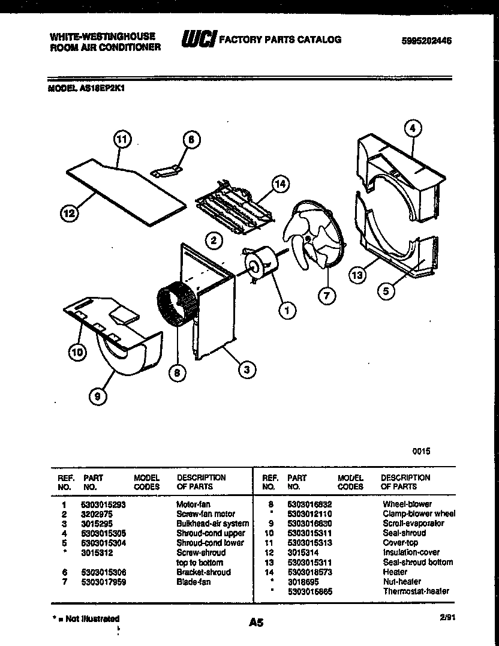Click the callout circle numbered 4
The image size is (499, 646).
[412, 127]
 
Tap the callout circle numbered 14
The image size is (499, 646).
[279, 184]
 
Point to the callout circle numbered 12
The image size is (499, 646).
[70, 212]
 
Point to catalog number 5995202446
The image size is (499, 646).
[426, 41]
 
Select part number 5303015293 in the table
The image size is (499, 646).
[103, 504]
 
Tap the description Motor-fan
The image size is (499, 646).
[193, 504]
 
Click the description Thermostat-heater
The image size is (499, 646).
[416, 591]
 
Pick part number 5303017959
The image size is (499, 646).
[103, 581]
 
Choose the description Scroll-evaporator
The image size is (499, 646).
[413, 523]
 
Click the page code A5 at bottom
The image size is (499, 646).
[256, 623]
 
